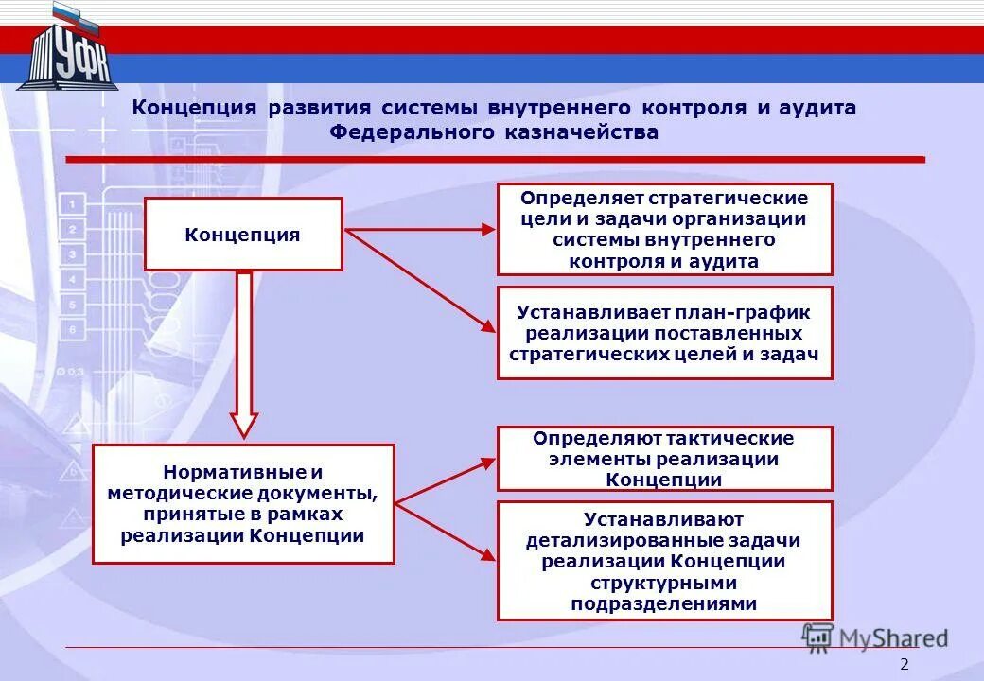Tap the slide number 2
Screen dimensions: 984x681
tap(904, 664)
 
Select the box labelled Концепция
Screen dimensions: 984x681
tap(242, 234)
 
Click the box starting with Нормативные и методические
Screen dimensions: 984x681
tap(242, 503)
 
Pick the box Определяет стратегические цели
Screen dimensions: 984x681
tap(664, 229)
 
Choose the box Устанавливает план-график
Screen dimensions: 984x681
tap(664, 332)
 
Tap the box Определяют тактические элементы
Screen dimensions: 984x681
tap(664, 458)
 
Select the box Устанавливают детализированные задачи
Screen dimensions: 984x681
tap(664, 560)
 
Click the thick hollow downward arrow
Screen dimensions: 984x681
tap(244, 355)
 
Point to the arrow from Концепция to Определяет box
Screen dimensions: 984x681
tap(419, 229)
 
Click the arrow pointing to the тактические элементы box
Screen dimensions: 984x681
tap(445, 480)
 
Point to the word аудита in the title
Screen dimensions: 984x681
tap(818, 108)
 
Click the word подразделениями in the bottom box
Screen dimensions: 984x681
tap(664, 603)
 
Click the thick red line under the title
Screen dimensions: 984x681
tap(492, 160)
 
